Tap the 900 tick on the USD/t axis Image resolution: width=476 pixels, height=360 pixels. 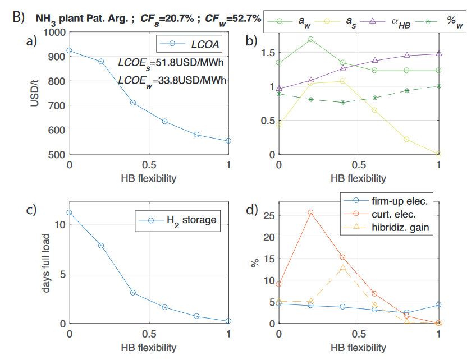[57, 57]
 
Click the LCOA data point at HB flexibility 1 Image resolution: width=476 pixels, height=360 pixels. [228, 141]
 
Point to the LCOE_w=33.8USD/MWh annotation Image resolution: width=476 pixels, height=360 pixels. [172, 81]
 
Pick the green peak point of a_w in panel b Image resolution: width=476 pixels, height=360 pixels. [310, 39]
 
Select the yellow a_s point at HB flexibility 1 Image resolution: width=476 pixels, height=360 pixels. [439, 154]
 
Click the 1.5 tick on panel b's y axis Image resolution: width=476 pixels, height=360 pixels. [266, 52]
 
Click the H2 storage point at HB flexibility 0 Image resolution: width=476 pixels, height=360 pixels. [69, 213]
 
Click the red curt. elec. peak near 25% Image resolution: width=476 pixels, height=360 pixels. [310, 213]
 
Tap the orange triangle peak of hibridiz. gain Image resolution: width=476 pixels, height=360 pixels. [342, 268]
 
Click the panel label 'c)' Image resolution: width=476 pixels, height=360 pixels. [29, 211]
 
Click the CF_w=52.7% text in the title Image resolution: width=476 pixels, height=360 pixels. [233, 19]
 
